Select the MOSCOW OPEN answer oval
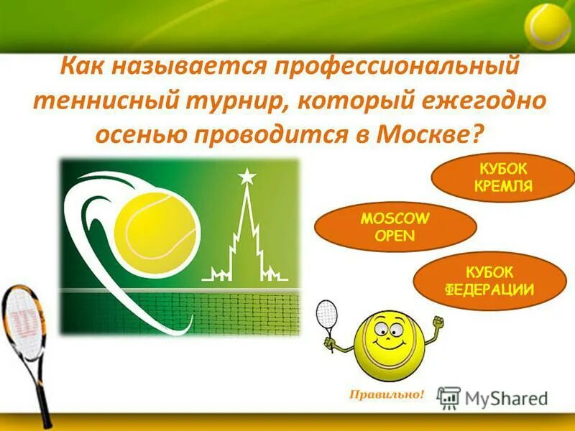[x=395, y=226]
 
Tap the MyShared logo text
[x=503, y=397]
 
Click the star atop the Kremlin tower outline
[x=247, y=175]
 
